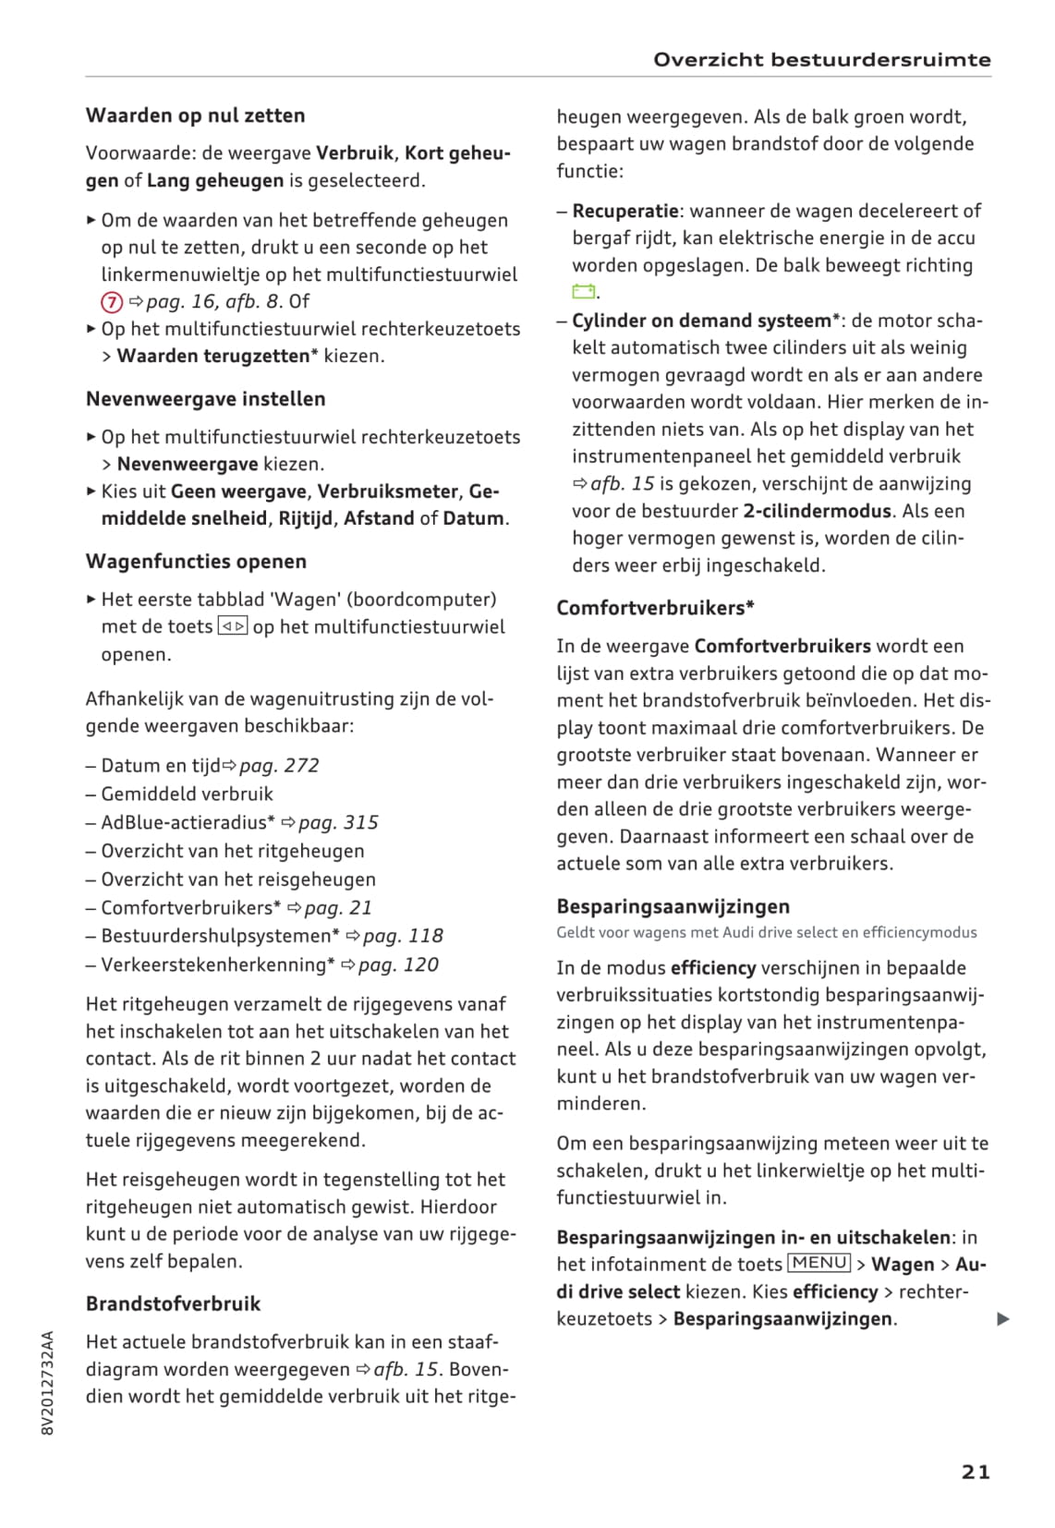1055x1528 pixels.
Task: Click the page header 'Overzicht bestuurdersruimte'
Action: click(821, 60)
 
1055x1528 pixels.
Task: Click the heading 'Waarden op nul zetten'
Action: click(195, 115)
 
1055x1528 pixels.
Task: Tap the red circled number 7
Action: click(111, 302)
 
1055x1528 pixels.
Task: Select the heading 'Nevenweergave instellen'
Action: click(205, 399)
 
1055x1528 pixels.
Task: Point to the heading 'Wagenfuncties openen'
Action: click(196, 562)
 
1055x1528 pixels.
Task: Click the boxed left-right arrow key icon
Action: click(233, 626)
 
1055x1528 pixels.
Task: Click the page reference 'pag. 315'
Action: click(338, 823)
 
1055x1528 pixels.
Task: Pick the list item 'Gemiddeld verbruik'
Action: click(187, 794)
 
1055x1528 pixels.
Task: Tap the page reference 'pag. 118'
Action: click(403, 937)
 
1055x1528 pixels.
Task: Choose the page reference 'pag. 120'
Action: click(398, 965)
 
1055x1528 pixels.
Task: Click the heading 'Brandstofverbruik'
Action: click(173, 1304)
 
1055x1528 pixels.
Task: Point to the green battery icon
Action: click(583, 292)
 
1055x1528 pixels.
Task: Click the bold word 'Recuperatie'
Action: click(625, 212)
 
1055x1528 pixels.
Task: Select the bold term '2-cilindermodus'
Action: click(817, 512)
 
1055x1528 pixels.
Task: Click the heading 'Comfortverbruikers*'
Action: click(655, 608)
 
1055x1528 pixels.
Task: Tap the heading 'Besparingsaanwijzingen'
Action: click(673, 906)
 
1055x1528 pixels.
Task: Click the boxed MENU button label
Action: click(819, 1263)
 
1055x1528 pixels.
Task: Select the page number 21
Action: click(976, 1472)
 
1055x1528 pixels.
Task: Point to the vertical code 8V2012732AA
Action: click(49, 1382)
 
